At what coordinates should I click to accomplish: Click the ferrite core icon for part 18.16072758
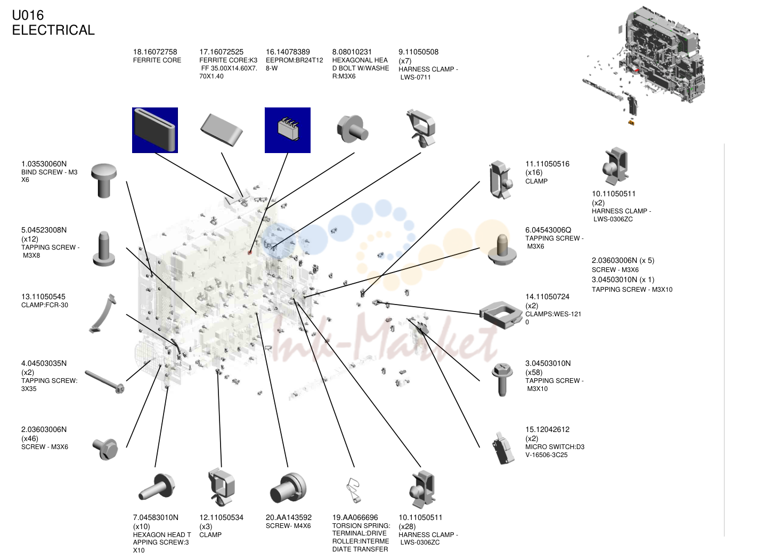155,130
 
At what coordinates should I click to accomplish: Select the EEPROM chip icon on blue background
288,130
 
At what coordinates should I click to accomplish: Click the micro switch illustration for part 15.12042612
503,448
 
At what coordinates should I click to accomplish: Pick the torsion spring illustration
353,491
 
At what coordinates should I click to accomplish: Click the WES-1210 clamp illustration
501,315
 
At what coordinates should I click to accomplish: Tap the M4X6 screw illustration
288,488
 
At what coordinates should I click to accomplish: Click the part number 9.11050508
419,52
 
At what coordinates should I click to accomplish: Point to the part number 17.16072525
221,52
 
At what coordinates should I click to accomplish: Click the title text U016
28,15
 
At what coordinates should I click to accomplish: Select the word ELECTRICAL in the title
53,30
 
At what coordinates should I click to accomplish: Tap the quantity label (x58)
534,372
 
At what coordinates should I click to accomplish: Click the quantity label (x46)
30,439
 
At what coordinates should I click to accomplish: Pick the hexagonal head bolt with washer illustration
352,129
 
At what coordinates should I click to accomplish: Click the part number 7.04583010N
156,518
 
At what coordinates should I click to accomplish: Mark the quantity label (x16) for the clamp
534,173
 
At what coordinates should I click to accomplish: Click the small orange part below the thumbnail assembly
631,122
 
